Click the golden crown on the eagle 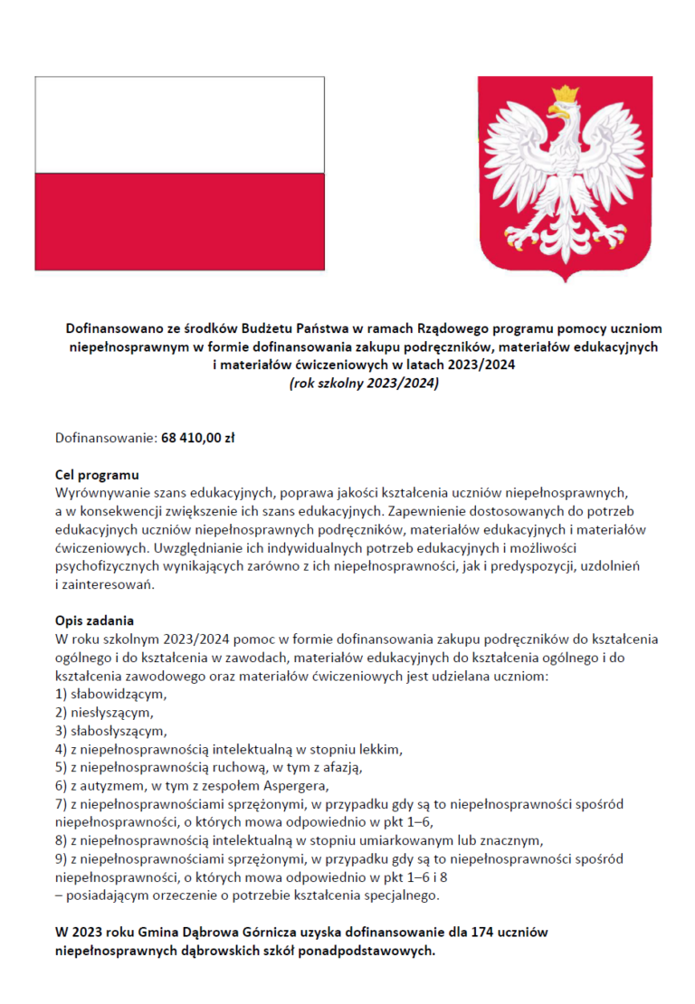coord(566,94)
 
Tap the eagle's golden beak coord(554,113)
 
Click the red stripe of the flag coord(179,222)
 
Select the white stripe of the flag coord(179,125)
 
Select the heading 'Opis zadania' coord(94,621)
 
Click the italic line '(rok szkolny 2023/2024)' coord(361,384)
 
